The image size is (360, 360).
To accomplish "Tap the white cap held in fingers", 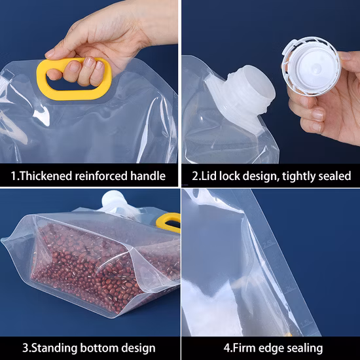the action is point(311,66).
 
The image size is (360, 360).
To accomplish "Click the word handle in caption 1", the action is point(148,176).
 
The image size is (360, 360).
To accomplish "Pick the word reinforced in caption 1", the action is point(101,176).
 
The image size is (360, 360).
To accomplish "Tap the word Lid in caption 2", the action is point(209,176).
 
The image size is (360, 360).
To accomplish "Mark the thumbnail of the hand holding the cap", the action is point(317,115).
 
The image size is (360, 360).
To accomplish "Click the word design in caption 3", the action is point(139,348).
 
